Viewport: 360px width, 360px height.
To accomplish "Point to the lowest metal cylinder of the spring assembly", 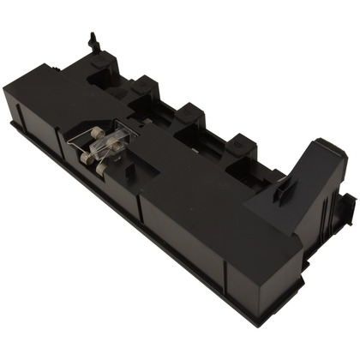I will pyautogui.click(x=101, y=169).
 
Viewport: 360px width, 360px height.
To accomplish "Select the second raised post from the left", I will pyautogui.click(x=143, y=85).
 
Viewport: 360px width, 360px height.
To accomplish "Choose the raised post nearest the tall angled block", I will pyautogui.click(x=241, y=144).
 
